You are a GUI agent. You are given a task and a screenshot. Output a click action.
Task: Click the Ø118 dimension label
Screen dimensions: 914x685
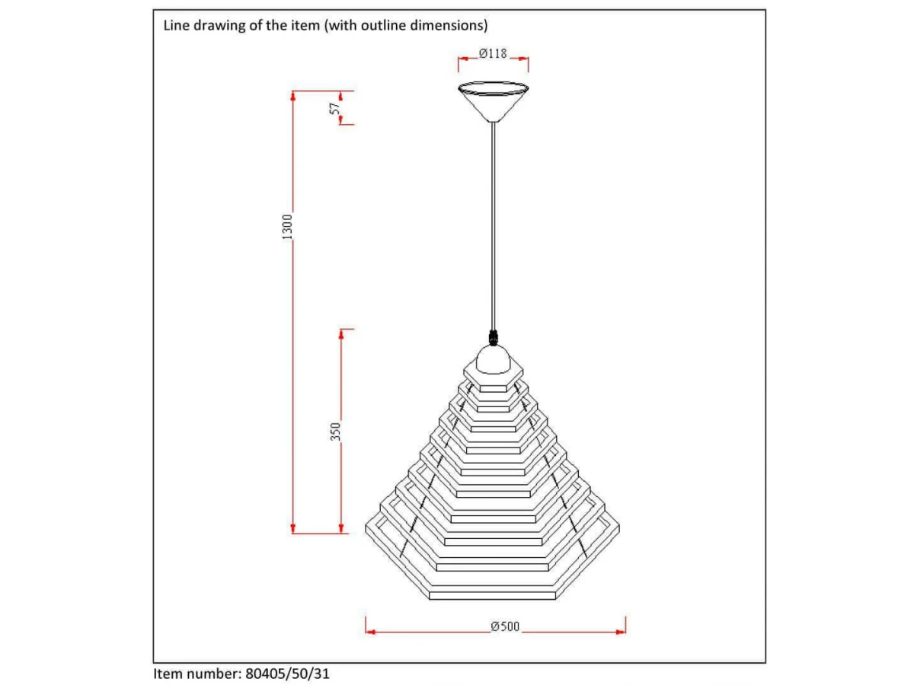[493, 53]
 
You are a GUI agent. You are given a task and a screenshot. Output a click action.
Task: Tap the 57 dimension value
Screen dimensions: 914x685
[335, 109]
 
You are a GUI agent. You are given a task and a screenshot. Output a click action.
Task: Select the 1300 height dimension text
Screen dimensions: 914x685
[287, 227]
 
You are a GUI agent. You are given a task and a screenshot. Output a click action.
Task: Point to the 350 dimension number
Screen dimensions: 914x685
[335, 432]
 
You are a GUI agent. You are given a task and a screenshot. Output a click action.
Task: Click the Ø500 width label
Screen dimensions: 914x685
[505, 626]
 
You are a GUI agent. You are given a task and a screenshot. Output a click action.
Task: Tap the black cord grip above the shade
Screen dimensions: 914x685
[493, 337]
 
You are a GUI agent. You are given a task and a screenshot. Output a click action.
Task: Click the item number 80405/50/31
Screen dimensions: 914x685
[287, 674]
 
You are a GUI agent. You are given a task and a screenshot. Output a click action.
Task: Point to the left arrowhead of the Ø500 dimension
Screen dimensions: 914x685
[370, 632]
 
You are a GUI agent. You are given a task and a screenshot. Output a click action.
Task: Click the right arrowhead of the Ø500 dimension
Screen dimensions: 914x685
[621, 632]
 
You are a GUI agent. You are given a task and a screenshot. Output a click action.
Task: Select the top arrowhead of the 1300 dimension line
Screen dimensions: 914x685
[292, 96]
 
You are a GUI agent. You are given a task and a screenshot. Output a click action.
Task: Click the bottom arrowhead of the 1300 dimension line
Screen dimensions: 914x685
[292, 528]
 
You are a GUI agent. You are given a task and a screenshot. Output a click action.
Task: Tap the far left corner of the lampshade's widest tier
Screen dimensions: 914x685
[366, 529]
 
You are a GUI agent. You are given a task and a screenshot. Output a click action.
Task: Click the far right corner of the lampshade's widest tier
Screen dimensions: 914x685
[619, 529]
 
